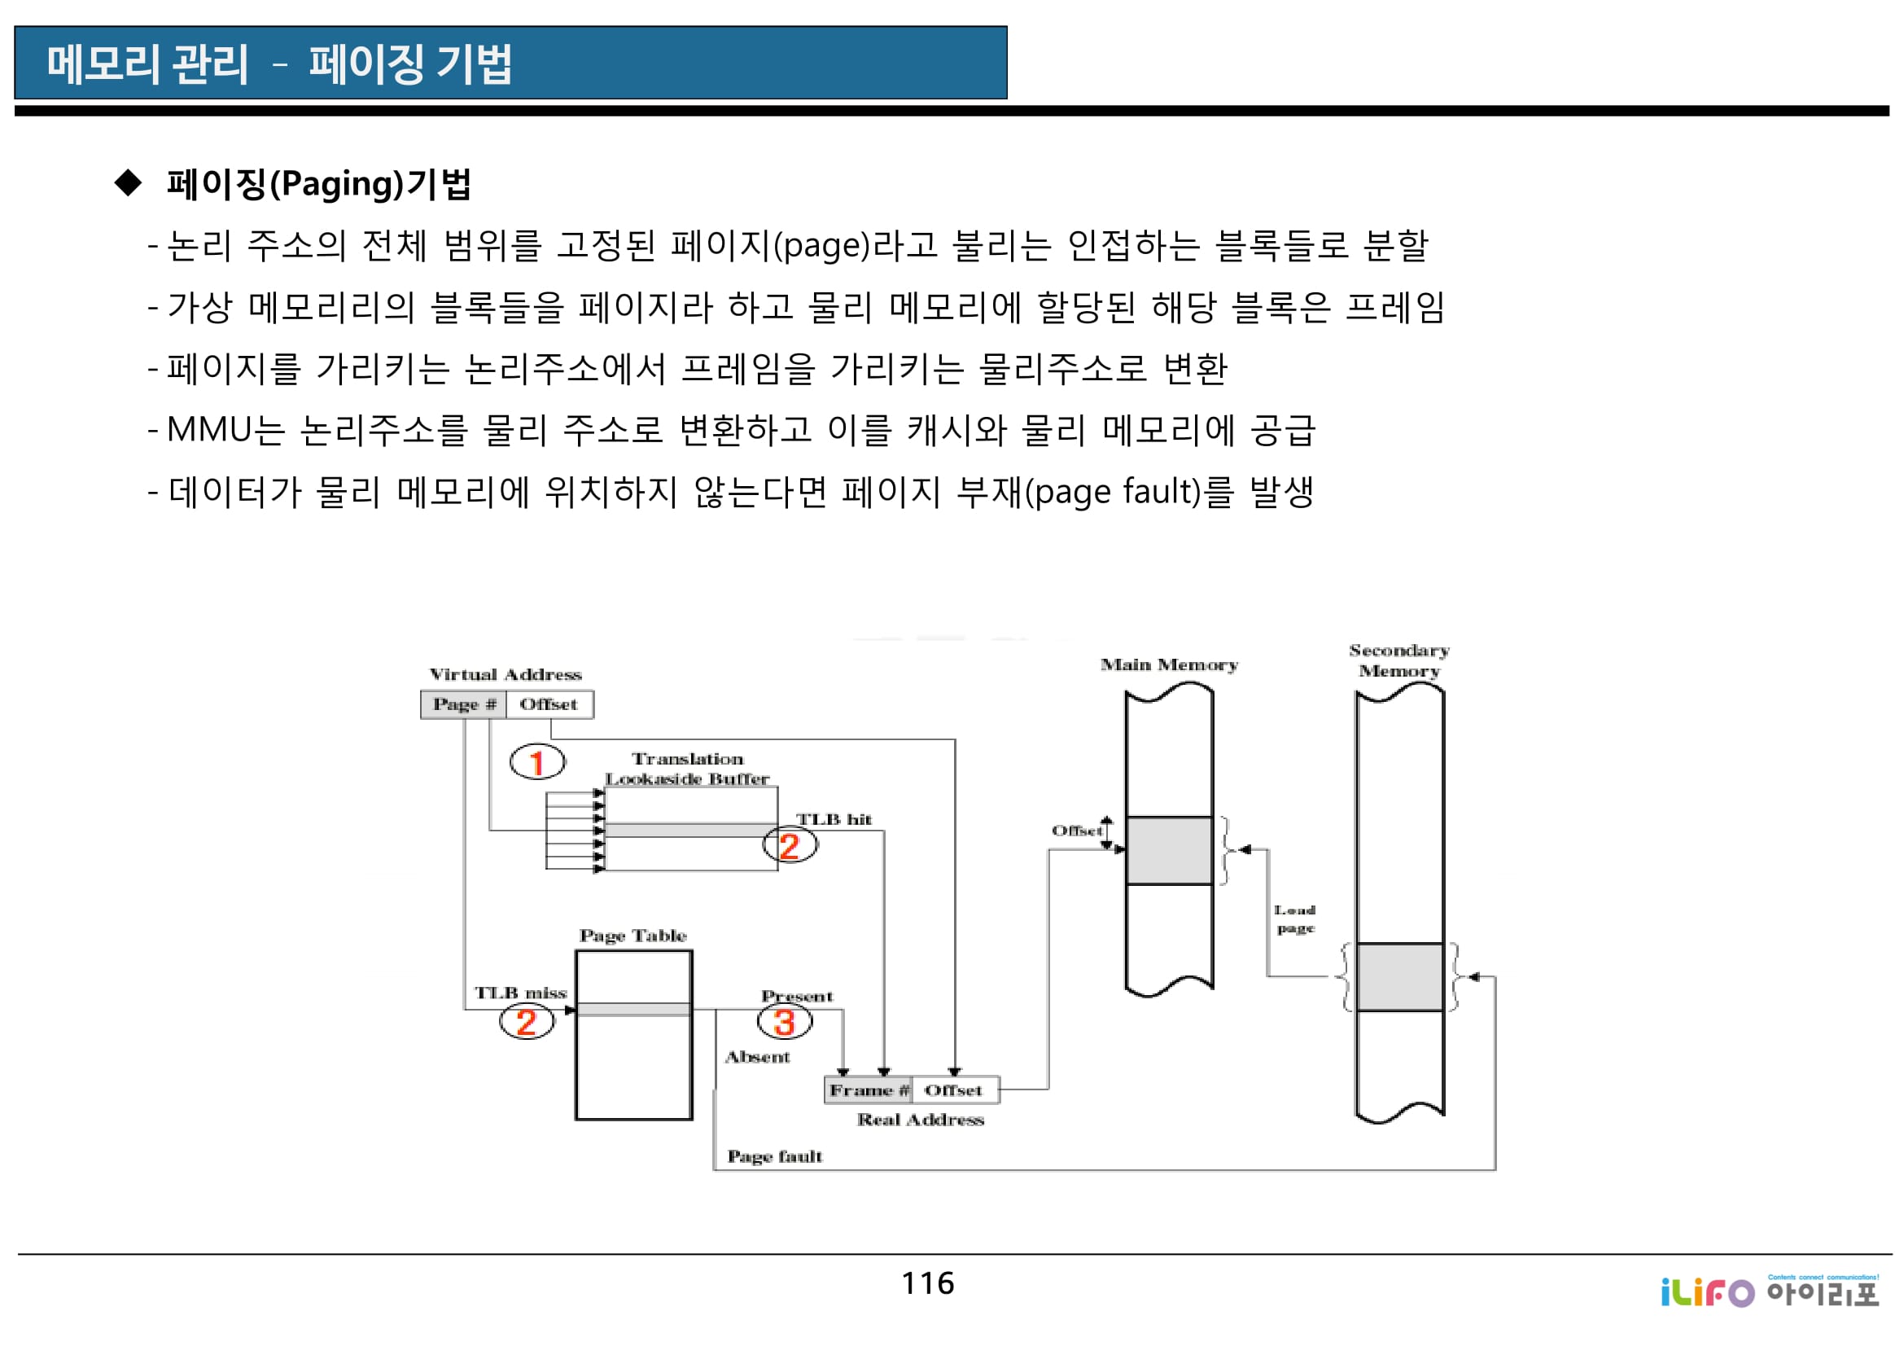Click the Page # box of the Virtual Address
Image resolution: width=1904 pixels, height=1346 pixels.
click(462, 705)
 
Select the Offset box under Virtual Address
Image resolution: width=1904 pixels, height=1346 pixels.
click(549, 705)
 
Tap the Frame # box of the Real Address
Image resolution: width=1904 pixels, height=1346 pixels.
click(869, 1090)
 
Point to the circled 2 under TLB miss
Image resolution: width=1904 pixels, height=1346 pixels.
click(526, 1023)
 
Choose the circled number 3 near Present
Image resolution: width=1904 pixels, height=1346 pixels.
click(785, 1023)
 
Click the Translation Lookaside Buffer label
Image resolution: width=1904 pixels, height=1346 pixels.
click(688, 769)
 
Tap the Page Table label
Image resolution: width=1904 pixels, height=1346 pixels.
click(632, 936)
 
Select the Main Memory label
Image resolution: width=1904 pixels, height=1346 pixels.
click(1169, 665)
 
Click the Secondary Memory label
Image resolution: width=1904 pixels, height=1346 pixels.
click(1399, 661)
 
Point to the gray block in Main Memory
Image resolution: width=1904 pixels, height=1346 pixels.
click(1169, 851)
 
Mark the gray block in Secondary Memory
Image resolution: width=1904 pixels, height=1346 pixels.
click(1399, 977)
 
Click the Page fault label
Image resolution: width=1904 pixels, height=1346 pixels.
click(774, 1157)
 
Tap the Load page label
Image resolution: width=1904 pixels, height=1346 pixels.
click(1295, 919)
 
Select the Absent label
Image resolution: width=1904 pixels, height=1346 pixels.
click(757, 1058)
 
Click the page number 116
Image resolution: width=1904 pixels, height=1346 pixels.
click(928, 1284)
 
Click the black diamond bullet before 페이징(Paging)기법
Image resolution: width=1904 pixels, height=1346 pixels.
click(129, 182)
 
